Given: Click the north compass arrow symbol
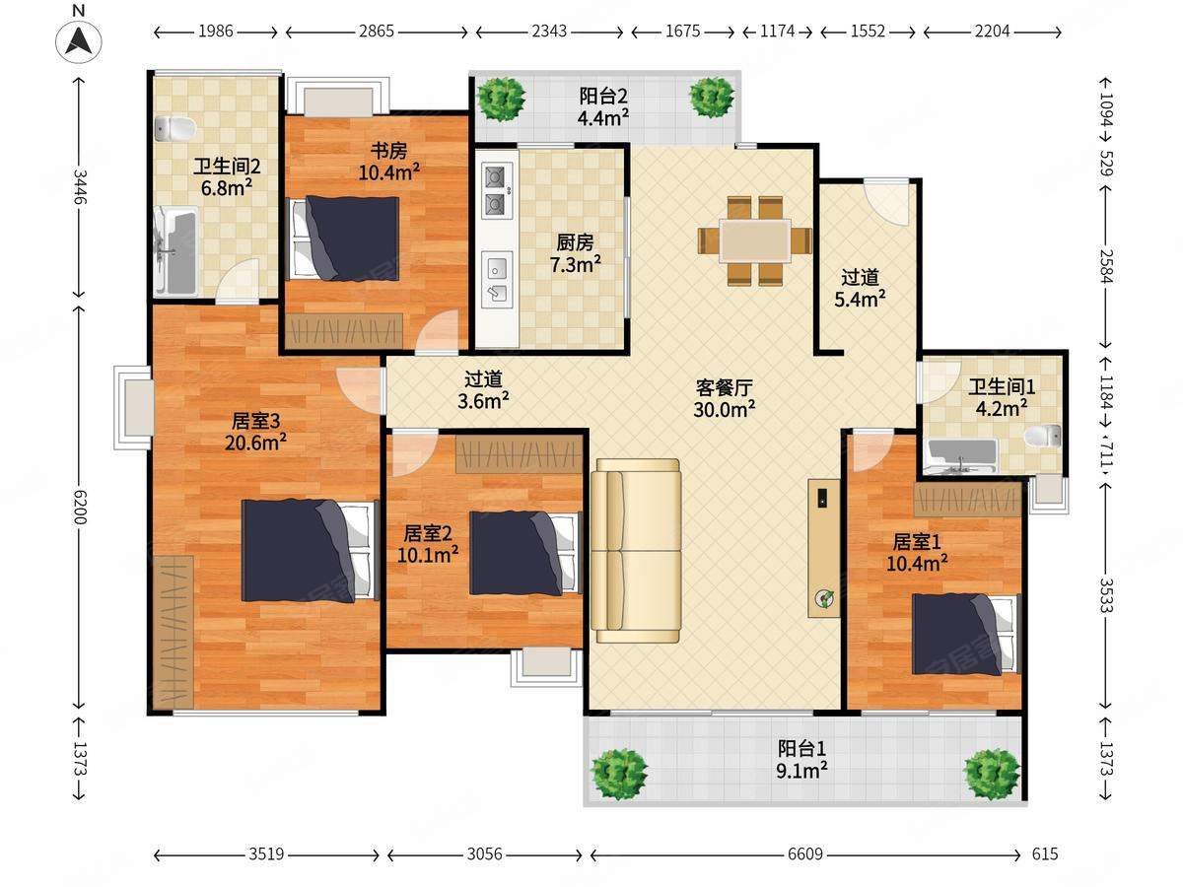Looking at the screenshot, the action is pos(79,41).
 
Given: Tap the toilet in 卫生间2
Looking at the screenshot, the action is pos(174,129).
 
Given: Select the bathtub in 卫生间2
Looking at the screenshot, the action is pos(175,251).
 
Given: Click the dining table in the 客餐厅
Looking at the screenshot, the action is pos(755,240).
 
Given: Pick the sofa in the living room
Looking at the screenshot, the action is pos(636,550).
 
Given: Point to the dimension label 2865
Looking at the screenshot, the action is pos(377,32).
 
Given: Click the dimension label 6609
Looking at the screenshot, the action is pos(805,853).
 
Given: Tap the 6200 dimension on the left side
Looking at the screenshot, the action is pos(80,507).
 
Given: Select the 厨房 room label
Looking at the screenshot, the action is pos(575,242).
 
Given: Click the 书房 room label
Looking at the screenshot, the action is pos(388,150).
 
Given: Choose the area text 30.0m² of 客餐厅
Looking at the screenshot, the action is pos(724,410).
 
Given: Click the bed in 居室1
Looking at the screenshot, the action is pos(966,635).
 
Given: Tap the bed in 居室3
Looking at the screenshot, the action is pos(311,550).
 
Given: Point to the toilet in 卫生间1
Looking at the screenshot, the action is pos(1043,436).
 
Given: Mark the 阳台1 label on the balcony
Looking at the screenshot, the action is pos(801,748).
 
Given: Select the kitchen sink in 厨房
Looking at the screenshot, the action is pos(497,280).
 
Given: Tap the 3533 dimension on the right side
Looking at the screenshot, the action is pos(1106,595).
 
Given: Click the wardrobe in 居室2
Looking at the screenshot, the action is pos(520,454).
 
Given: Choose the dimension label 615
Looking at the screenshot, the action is pos(1044,853).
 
